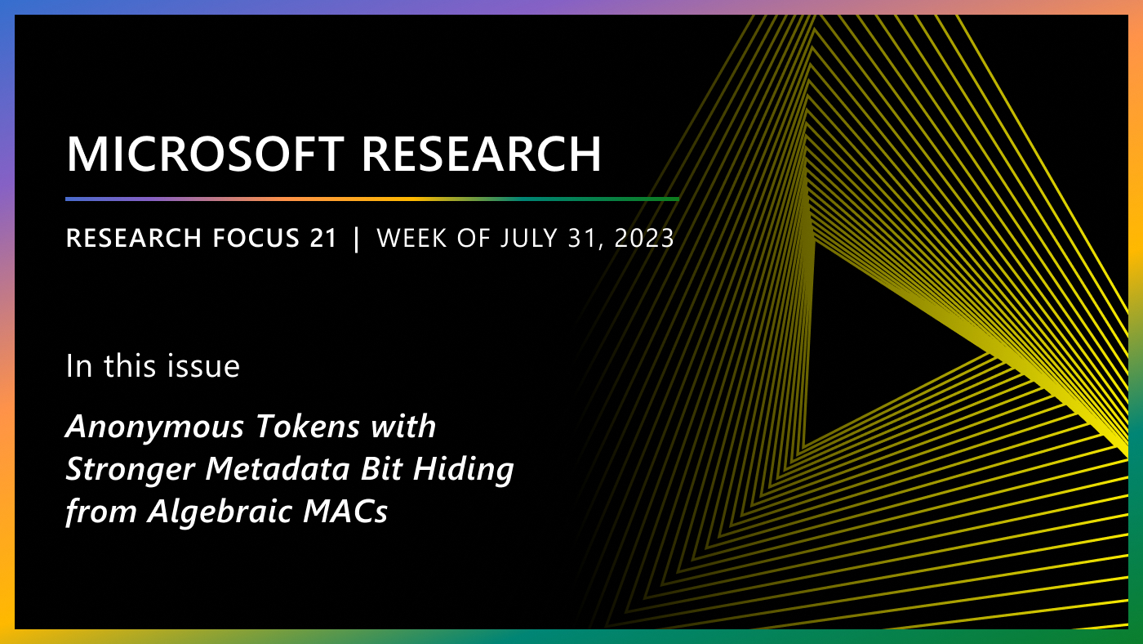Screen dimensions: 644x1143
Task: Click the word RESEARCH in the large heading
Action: pos(487,154)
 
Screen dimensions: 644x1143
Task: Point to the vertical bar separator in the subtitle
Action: pos(356,239)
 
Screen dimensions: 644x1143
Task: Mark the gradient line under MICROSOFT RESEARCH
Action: pos(371,199)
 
